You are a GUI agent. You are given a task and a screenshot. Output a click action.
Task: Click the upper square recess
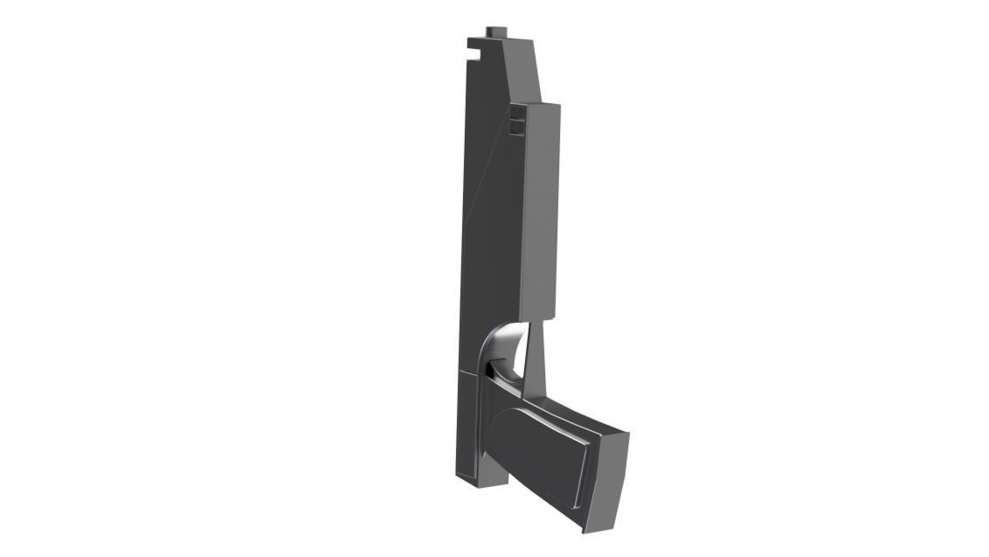517,114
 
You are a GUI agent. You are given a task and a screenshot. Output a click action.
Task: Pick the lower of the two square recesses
517,129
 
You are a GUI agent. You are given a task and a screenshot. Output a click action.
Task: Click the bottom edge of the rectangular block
539,319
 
